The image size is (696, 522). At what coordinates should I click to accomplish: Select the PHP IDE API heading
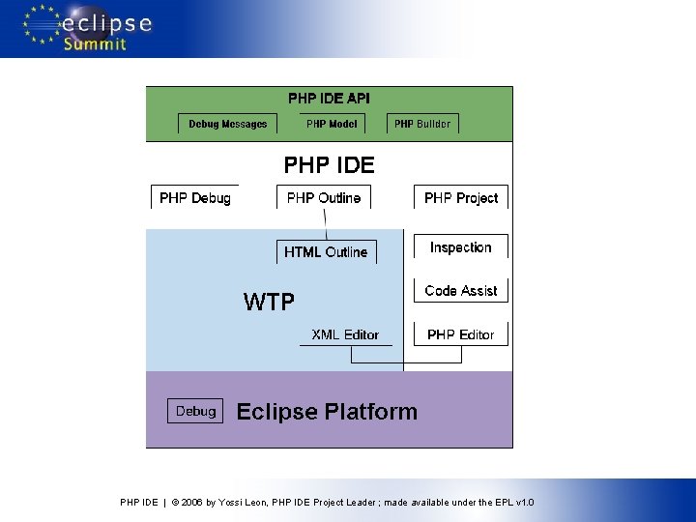(329, 99)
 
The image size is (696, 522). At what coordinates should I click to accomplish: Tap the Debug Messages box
(228, 124)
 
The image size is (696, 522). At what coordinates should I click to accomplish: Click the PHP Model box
(332, 124)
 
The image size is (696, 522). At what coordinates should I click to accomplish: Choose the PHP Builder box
(422, 124)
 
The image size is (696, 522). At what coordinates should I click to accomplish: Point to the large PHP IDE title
(329, 165)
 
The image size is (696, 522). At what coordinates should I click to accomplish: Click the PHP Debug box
(195, 198)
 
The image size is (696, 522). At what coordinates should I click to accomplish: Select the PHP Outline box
(324, 198)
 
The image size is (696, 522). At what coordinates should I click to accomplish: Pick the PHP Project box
(461, 198)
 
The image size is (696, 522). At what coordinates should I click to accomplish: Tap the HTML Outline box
(326, 252)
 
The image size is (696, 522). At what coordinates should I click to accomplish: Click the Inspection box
(461, 247)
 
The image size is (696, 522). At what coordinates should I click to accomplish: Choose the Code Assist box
(461, 291)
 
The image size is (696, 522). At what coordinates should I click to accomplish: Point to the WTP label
(269, 303)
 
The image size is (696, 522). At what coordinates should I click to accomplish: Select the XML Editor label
(345, 334)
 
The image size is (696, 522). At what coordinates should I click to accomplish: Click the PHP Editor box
(461, 334)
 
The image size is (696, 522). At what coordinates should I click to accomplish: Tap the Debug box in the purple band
(195, 411)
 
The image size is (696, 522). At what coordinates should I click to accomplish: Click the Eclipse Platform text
(327, 412)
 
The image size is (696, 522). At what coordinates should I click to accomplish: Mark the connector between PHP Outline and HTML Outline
(326, 224)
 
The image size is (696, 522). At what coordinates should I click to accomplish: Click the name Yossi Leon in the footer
(243, 503)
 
